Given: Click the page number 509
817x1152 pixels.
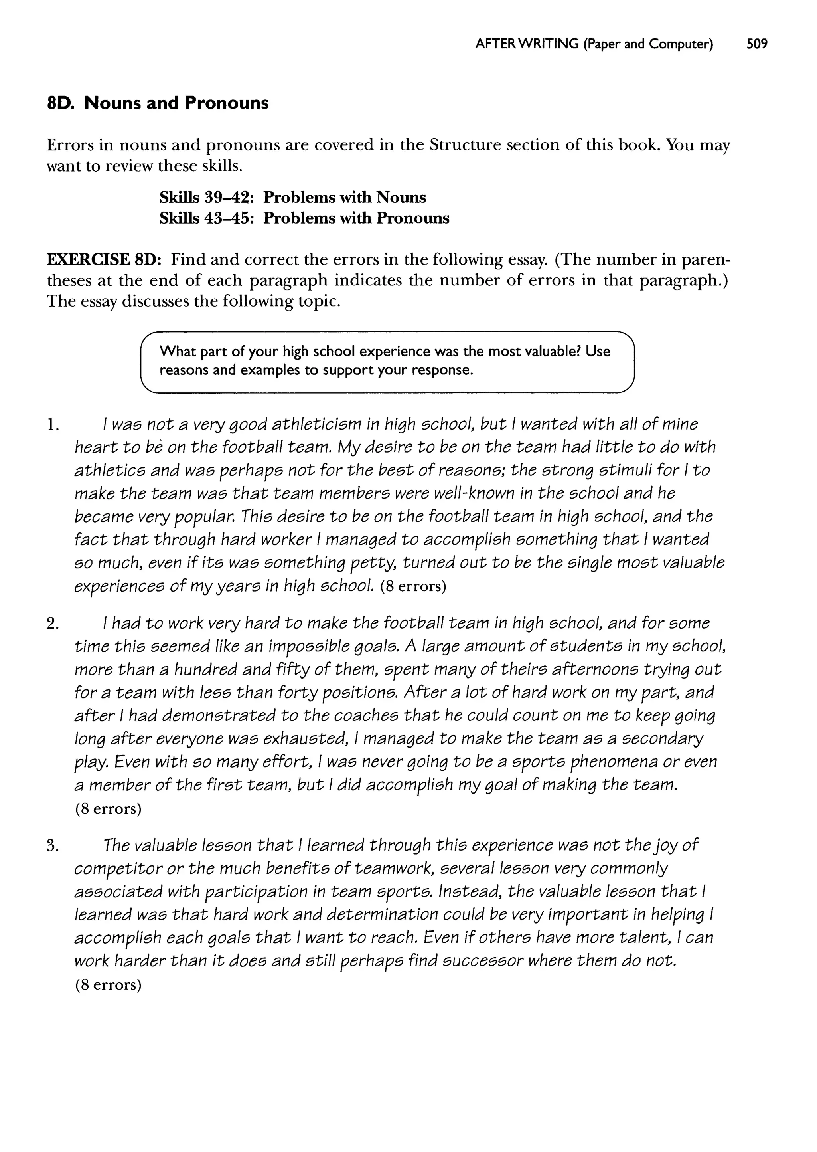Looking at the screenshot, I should [x=757, y=44].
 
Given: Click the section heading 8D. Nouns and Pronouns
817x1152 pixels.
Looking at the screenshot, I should [x=158, y=103].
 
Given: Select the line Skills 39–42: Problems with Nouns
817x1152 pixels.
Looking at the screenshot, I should [x=292, y=197].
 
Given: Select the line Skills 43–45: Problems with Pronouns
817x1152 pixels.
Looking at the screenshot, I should [x=304, y=218].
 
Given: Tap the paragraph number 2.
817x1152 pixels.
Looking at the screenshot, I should [x=52, y=624].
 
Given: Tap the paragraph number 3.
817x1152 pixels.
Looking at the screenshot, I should [x=52, y=846].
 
